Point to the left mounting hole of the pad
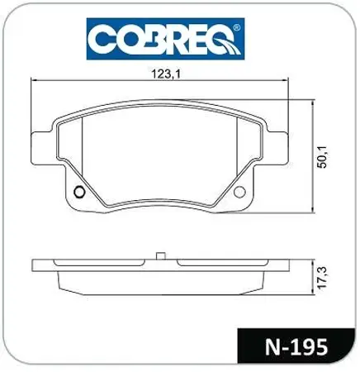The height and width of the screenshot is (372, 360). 79,194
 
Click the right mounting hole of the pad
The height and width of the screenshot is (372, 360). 240,193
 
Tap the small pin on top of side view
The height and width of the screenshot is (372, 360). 161,255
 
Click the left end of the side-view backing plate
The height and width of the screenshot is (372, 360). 34,266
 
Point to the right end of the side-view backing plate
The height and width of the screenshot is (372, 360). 286,266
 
